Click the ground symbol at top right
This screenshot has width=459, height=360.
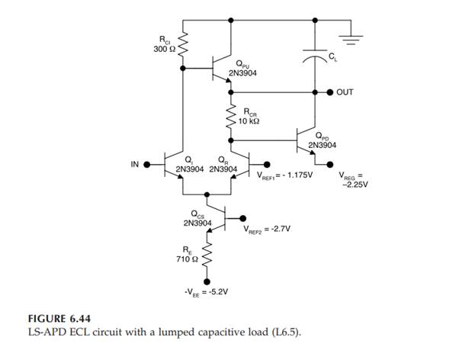click(x=350, y=35)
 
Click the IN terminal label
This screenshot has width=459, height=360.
click(x=136, y=162)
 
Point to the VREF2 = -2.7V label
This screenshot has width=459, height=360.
click(x=271, y=228)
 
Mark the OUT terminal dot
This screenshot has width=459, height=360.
click(x=330, y=92)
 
